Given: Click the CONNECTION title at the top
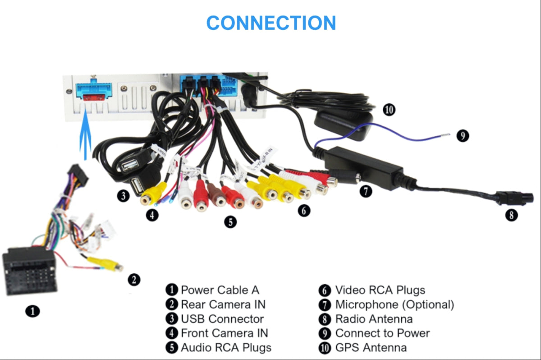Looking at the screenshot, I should point(271,23).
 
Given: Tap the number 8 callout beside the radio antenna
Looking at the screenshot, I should point(511,215).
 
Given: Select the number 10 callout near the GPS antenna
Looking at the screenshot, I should point(389,109).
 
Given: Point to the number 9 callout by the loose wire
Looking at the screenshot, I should point(463,135).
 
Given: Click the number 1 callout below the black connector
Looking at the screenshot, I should point(32,311).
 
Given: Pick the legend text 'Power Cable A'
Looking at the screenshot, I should point(220,290).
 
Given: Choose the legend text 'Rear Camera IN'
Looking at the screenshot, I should point(223,305).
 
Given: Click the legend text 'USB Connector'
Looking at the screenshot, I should point(222,319).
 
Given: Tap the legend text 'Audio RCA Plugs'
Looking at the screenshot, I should point(226,347).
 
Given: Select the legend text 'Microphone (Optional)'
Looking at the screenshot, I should point(394,305).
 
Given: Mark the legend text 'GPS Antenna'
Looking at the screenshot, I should point(371,347).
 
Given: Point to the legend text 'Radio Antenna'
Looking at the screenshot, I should point(374,319).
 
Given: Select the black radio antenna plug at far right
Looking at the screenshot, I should point(514,198).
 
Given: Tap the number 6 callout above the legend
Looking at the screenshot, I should point(304,210).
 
